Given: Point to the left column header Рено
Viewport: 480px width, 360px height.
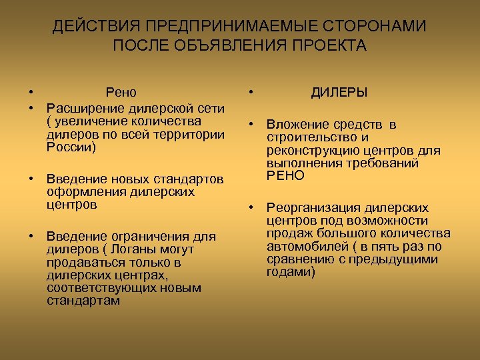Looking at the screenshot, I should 121,93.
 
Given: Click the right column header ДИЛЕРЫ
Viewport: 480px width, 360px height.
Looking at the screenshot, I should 339,93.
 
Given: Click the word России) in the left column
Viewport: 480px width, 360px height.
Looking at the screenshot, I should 71,147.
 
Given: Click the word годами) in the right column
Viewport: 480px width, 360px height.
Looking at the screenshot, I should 291,271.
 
